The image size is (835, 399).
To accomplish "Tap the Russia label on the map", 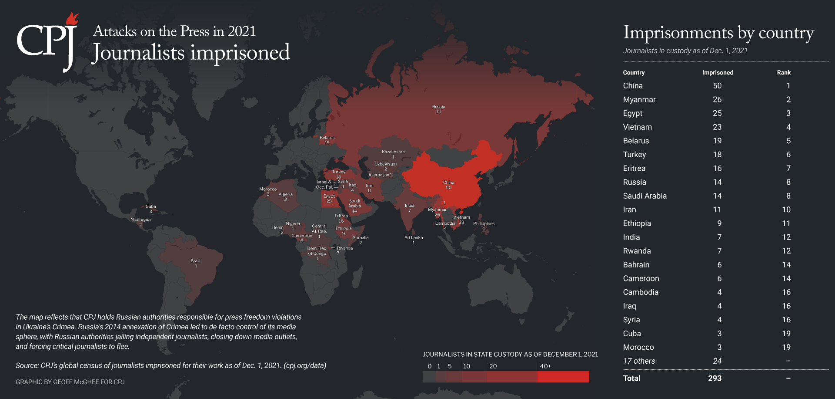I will [x=438, y=107].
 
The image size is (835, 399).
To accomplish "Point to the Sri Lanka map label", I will [x=414, y=238].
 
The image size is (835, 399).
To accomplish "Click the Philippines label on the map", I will [x=484, y=224].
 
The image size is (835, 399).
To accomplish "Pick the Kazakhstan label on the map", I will [x=393, y=152].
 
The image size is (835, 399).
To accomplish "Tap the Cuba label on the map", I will [x=150, y=207].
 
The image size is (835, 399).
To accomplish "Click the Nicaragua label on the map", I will [x=140, y=220].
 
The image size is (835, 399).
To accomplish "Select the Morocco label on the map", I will [x=268, y=189].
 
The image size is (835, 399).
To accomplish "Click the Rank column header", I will [x=784, y=73].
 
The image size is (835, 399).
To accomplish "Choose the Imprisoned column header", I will [x=718, y=73].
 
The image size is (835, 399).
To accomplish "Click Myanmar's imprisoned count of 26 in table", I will [x=717, y=100].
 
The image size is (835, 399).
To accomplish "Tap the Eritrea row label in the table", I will [x=634, y=169].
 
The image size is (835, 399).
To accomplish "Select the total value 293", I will [x=715, y=379].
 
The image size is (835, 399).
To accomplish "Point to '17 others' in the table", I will [x=639, y=361].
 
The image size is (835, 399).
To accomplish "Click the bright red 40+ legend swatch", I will [x=563, y=377].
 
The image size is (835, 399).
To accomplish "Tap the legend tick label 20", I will [x=493, y=366].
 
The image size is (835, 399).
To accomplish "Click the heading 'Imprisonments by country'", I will [x=718, y=33].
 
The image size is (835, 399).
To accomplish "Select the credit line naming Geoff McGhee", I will [x=70, y=382].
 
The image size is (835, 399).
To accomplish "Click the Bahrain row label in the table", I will [x=636, y=265].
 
